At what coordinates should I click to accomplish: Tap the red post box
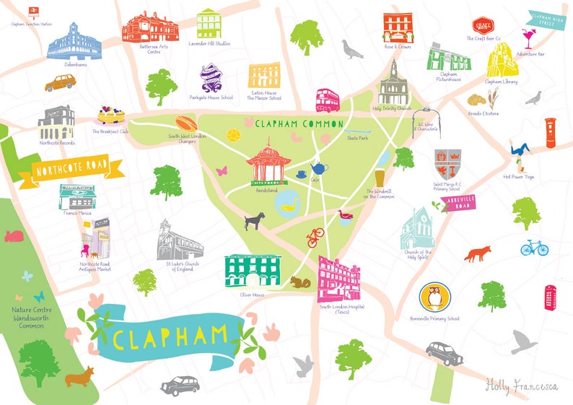point(550,133)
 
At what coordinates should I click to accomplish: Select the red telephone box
point(551,296)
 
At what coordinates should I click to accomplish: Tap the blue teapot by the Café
point(318,168)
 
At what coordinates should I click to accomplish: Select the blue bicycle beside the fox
point(534,248)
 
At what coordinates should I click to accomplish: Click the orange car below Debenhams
point(60,83)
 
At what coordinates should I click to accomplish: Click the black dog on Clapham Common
point(253,219)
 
